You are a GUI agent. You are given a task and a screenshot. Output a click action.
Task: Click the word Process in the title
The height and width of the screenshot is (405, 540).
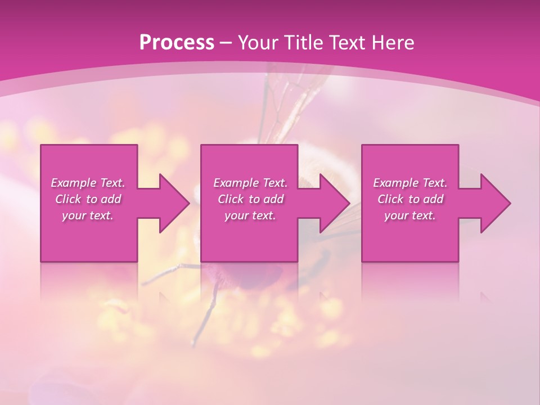click(x=177, y=43)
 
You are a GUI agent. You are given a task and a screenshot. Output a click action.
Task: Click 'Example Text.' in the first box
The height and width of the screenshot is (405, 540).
click(x=88, y=183)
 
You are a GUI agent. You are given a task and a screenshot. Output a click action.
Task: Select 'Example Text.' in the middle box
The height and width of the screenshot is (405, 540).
click(x=250, y=183)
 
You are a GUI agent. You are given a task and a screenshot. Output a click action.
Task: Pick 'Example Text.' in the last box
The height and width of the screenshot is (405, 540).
click(x=410, y=183)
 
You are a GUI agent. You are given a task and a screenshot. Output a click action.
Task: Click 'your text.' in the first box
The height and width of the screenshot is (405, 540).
click(x=88, y=215)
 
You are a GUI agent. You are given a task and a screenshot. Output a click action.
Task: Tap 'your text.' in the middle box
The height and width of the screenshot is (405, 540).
click(x=250, y=215)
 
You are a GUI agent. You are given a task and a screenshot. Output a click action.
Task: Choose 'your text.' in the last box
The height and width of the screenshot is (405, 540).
click(x=410, y=215)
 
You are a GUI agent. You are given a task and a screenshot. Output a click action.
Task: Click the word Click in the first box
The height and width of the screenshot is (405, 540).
click(x=67, y=199)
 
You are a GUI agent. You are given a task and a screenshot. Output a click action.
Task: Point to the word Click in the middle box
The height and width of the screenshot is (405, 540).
click(x=230, y=199)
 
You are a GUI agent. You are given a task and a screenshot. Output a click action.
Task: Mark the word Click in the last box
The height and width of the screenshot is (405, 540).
click(x=390, y=199)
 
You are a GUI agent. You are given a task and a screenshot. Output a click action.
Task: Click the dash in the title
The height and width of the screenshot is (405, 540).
click(x=226, y=43)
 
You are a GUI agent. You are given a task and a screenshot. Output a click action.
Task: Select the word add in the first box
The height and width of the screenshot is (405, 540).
click(x=110, y=199)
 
